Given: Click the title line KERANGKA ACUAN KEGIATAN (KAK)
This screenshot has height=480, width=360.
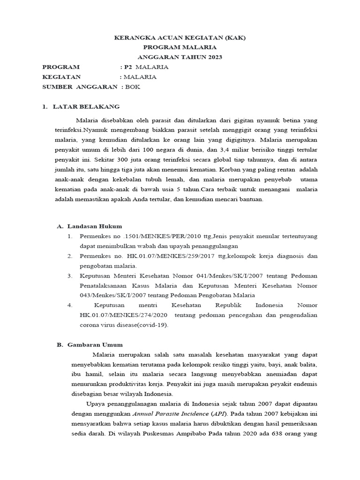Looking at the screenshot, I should [x=180, y=37].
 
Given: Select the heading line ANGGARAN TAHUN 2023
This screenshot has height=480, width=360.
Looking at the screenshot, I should [x=180, y=57].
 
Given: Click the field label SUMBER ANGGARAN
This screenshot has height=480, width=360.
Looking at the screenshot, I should [x=79, y=87].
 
